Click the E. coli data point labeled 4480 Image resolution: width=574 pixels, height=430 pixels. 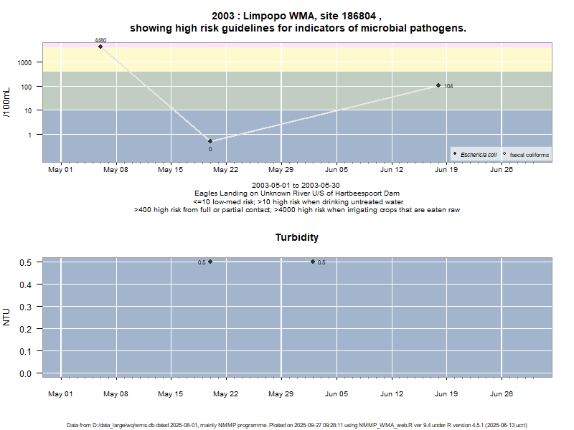pos(100,47)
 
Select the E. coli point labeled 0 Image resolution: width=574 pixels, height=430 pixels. pos(210,141)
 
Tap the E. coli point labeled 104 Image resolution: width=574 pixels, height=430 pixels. pos(438,85)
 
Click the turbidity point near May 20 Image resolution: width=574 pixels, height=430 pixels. pos(210,262)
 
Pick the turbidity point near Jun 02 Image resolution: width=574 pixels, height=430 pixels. pos(313,262)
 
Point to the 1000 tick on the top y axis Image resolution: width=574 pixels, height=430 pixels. pos(25,63)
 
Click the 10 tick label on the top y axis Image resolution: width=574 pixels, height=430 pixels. pos(28,110)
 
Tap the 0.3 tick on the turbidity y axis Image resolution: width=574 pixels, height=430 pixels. pos(25,307)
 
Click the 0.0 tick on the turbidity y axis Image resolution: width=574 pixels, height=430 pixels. pos(25,373)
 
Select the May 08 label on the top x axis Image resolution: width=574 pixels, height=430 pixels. pos(116,171)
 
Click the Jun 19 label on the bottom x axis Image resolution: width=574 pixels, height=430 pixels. pos(446,393)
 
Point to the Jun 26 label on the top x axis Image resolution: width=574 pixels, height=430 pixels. pos(502,171)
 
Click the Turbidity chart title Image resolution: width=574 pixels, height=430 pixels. pos(297,237)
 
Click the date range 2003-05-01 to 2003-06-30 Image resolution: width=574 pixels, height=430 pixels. pos(297,186)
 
